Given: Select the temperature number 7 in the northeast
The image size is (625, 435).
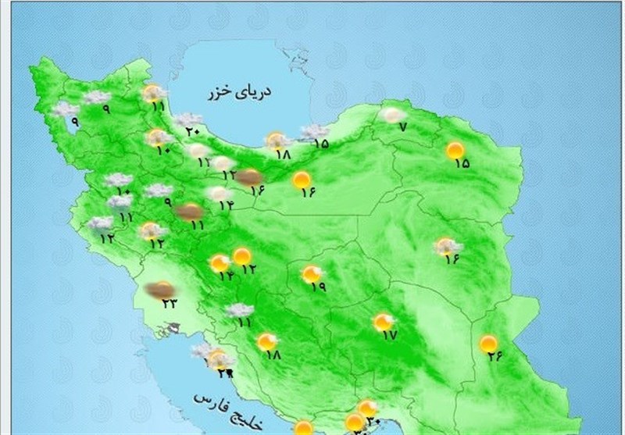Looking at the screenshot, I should point(402,127).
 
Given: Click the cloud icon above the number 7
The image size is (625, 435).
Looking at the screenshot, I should point(392,114).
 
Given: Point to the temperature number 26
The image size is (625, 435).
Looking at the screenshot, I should point(495,358).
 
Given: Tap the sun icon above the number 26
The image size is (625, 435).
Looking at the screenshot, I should point(488,343).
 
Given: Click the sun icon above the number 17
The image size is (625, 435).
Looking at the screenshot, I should point(383,321).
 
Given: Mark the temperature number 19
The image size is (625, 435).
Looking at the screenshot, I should point(318,287).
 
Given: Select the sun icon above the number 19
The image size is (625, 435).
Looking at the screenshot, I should point(312,273).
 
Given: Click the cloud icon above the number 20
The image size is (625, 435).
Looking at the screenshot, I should point(188,119).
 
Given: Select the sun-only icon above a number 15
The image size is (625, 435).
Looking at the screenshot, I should point(455,150).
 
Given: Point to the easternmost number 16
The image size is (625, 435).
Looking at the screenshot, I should point(452,260).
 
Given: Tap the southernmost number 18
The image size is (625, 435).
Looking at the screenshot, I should point(273,355).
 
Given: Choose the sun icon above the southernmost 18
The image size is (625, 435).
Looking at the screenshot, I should point(267,341).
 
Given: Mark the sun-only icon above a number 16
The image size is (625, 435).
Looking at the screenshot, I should point(302,181).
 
